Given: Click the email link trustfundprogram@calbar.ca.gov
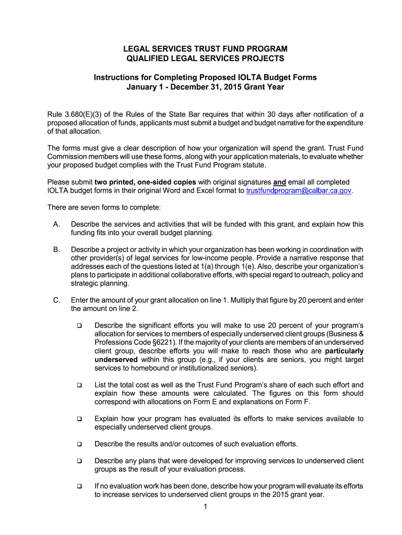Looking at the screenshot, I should (299, 191).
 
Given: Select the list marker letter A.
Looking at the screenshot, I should (56, 224).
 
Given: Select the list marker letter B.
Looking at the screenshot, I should (56, 250).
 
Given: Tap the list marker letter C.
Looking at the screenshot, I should (56, 300).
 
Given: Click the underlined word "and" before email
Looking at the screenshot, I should (279, 182).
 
